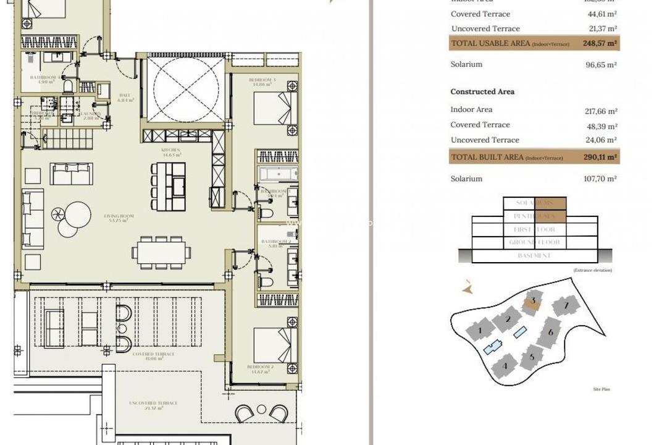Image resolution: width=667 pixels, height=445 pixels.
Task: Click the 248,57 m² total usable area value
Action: (600, 44)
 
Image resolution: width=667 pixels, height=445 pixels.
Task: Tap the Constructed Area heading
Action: (482, 91)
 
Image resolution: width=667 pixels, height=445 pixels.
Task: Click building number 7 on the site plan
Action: (565, 305)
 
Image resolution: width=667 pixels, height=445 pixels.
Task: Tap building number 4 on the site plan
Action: (505, 365)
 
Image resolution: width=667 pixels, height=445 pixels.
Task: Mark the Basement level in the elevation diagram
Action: (535, 256)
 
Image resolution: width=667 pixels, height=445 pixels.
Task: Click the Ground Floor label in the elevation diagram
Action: (535, 242)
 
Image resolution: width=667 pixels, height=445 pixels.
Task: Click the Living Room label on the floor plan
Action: (121, 217)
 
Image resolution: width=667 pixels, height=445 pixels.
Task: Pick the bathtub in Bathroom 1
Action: (278, 175)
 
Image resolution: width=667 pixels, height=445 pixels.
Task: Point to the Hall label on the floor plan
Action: (124, 97)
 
